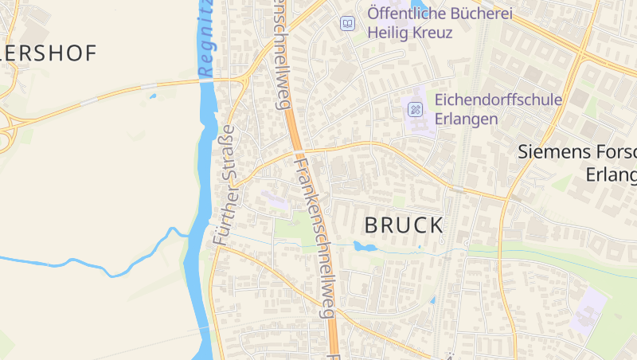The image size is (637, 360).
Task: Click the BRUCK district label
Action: (403, 225)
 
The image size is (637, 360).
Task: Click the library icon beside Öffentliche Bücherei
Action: (347, 23)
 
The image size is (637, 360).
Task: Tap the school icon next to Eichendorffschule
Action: (415, 109)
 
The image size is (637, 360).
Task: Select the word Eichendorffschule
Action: (498, 100)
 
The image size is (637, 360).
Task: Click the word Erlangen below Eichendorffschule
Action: (467, 119)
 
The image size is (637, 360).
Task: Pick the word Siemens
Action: (552, 151)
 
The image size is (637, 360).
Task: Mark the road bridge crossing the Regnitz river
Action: (207, 80)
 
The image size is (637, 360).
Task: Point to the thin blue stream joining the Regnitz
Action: (119, 263)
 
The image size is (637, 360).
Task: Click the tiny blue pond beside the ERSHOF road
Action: (152, 97)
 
